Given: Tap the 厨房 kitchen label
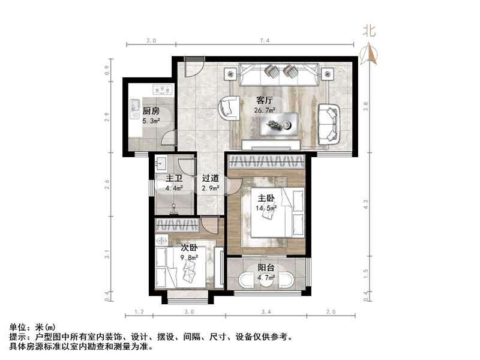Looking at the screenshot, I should [x=151, y=112].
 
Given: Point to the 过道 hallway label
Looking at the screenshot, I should [x=210, y=178].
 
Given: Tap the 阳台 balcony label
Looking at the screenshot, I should [x=266, y=269].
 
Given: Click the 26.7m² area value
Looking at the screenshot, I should [x=265, y=110].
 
